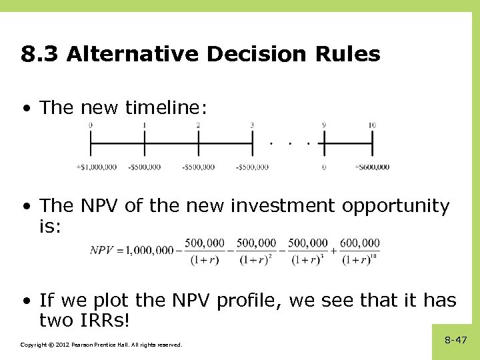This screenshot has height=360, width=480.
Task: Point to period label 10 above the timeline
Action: pyautogui.click(x=371, y=125)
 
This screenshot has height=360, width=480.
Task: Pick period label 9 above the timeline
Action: pyautogui.click(x=324, y=125)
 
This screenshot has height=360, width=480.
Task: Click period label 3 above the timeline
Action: pyautogui.click(x=252, y=125)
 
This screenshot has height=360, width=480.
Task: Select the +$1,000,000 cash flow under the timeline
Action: pyautogui.click(x=97, y=167)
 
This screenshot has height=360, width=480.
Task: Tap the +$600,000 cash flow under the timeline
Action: pyautogui.click(x=372, y=167)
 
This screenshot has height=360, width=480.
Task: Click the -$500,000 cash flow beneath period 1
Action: pyautogui.click(x=144, y=167)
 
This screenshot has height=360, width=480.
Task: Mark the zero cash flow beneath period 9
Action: pyautogui.click(x=324, y=167)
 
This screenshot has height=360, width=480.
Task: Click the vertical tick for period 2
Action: pyautogui.click(x=198, y=143)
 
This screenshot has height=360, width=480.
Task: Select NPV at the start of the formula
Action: pyautogui.click(x=103, y=251)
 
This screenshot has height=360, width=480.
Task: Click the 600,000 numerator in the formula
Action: pyautogui.click(x=361, y=243)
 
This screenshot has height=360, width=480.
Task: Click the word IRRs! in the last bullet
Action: pyautogui.click(x=107, y=321)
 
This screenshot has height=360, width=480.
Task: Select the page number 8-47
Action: pyautogui.click(x=456, y=340)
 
